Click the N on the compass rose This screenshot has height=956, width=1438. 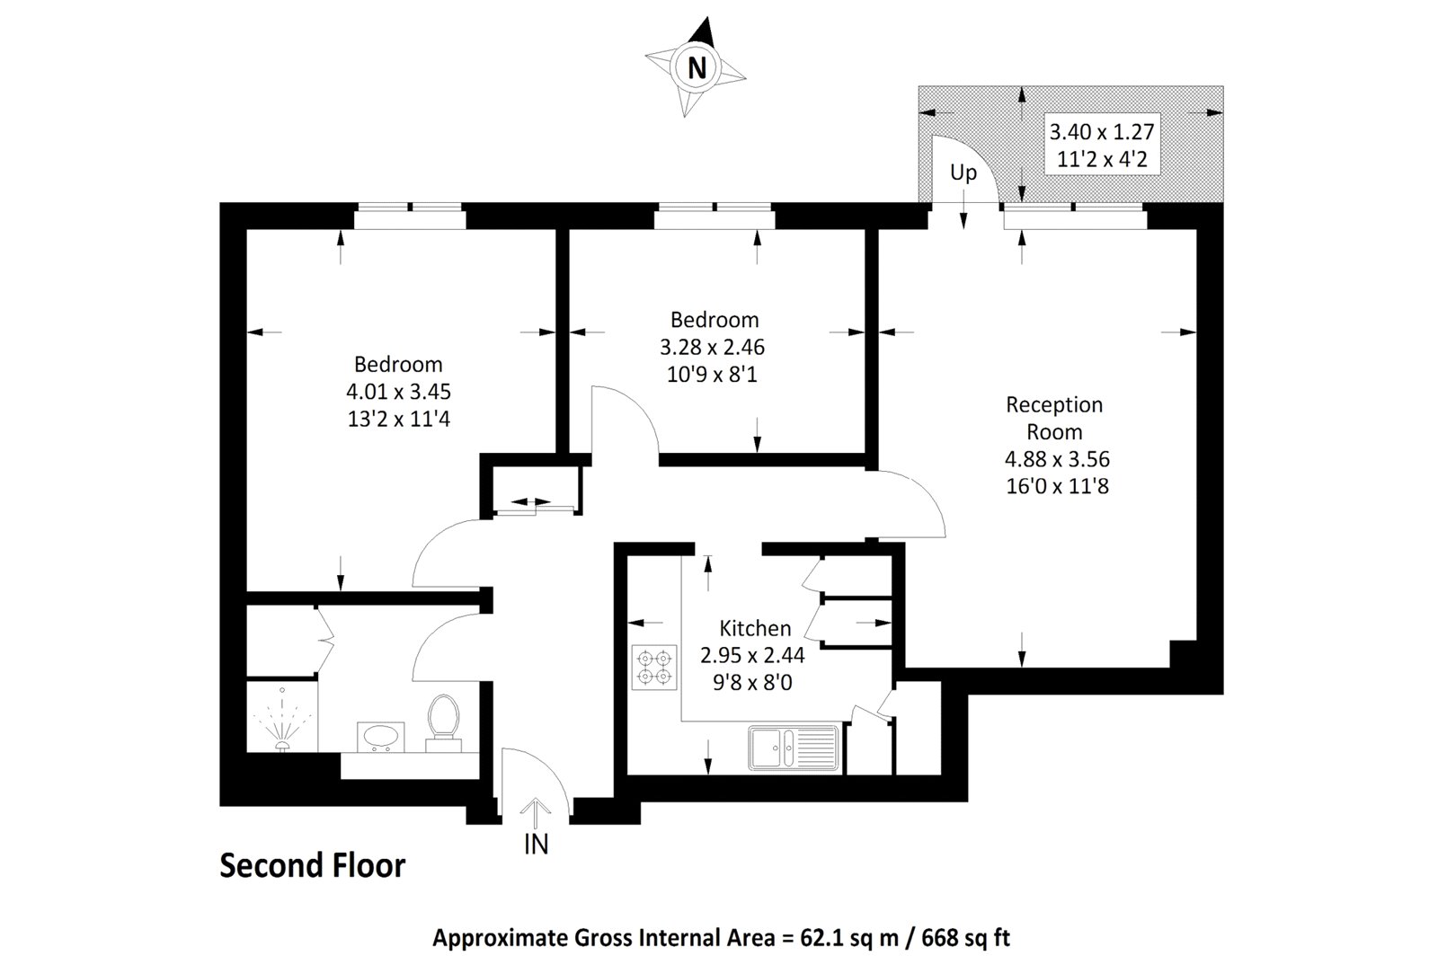click(697, 67)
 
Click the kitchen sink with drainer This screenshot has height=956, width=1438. click(793, 748)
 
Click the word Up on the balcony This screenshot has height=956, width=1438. click(963, 173)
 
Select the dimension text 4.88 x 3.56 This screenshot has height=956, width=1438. click(1057, 459)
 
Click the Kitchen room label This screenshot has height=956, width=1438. click(755, 628)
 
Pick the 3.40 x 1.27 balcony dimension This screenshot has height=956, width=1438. click(1101, 132)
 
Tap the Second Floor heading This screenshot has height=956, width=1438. click(313, 865)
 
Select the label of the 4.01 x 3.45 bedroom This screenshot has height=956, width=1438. click(398, 364)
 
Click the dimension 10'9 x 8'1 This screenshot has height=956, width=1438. click(712, 374)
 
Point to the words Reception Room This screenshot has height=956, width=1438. click(1055, 418)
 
